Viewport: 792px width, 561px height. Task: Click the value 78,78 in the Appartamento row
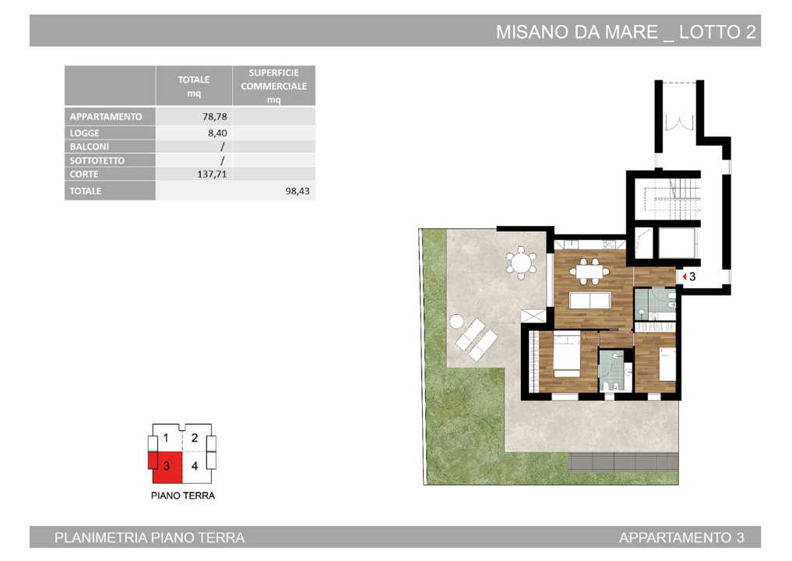click(x=214, y=117)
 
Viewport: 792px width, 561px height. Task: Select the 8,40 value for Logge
click(x=217, y=133)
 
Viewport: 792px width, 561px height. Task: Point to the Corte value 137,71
click(x=212, y=175)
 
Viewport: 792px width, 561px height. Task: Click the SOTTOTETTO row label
click(x=97, y=161)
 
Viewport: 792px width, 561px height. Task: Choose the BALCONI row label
click(x=90, y=146)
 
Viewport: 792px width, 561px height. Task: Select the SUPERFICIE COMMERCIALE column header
click(x=273, y=86)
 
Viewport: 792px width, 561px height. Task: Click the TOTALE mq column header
click(x=194, y=86)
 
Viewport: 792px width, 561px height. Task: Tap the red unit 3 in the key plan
click(x=166, y=466)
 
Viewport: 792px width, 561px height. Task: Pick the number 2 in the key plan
click(x=195, y=438)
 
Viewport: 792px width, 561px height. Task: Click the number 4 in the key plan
click(x=195, y=466)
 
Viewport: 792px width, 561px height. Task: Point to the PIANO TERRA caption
click(x=182, y=496)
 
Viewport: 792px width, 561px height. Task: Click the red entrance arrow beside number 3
click(x=682, y=277)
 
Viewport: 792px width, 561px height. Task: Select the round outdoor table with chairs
click(x=519, y=262)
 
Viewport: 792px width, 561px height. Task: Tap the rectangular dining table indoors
click(x=589, y=273)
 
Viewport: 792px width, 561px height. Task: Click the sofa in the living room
click(x=590, y=301)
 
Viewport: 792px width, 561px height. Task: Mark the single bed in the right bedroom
click(x=667, y=365)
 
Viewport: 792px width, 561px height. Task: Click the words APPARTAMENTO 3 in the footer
click(x=681, y=538)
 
